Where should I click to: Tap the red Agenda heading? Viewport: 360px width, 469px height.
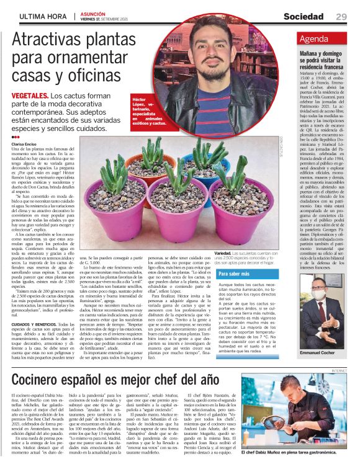pos(313,39)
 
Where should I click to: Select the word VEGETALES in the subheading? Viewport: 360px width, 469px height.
pos(29,96)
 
